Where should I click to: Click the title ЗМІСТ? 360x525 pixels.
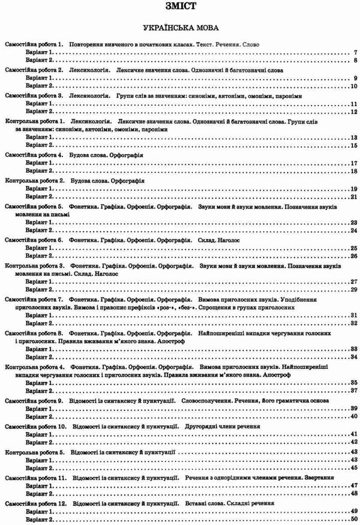[x=179, y=9]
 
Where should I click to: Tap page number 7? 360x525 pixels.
[x=355, y=53]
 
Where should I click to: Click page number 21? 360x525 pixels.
[x=354, y=197]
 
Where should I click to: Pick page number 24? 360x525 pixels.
[x=354, y=230]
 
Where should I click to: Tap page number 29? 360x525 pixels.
[x=354, y=289]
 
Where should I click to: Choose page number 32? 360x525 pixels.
[x=354, y=323]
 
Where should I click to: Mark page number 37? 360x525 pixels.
[x=354, y=391]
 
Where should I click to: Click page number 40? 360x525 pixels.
[x=354, y=416]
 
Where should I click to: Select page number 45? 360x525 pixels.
[x=354, y=467]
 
